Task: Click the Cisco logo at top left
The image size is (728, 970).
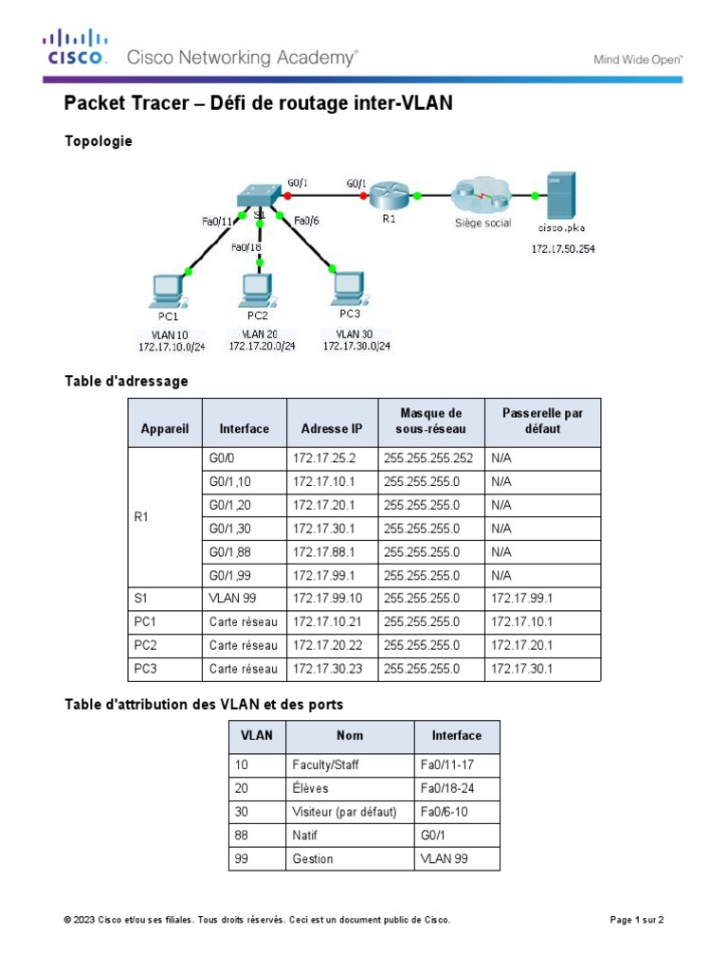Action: [x=73, y=46]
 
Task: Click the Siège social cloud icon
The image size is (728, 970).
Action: [x=482, y=197]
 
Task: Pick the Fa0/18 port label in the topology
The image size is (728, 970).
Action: [x=246, y=248]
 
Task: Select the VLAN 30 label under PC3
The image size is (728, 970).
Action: [x=355, y=333]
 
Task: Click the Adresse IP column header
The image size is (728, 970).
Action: [x=331, y=428]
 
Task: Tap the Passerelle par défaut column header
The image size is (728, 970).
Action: [x=542, y=421]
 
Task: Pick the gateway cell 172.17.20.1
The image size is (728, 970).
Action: [x=520, y=645]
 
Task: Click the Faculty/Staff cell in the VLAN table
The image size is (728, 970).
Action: [x=322, y=765]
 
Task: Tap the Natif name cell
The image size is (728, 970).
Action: [x=307, y=835]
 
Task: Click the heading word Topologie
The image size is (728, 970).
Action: [x=99, y=142]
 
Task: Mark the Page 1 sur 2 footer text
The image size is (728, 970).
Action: [x=637, y=920]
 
